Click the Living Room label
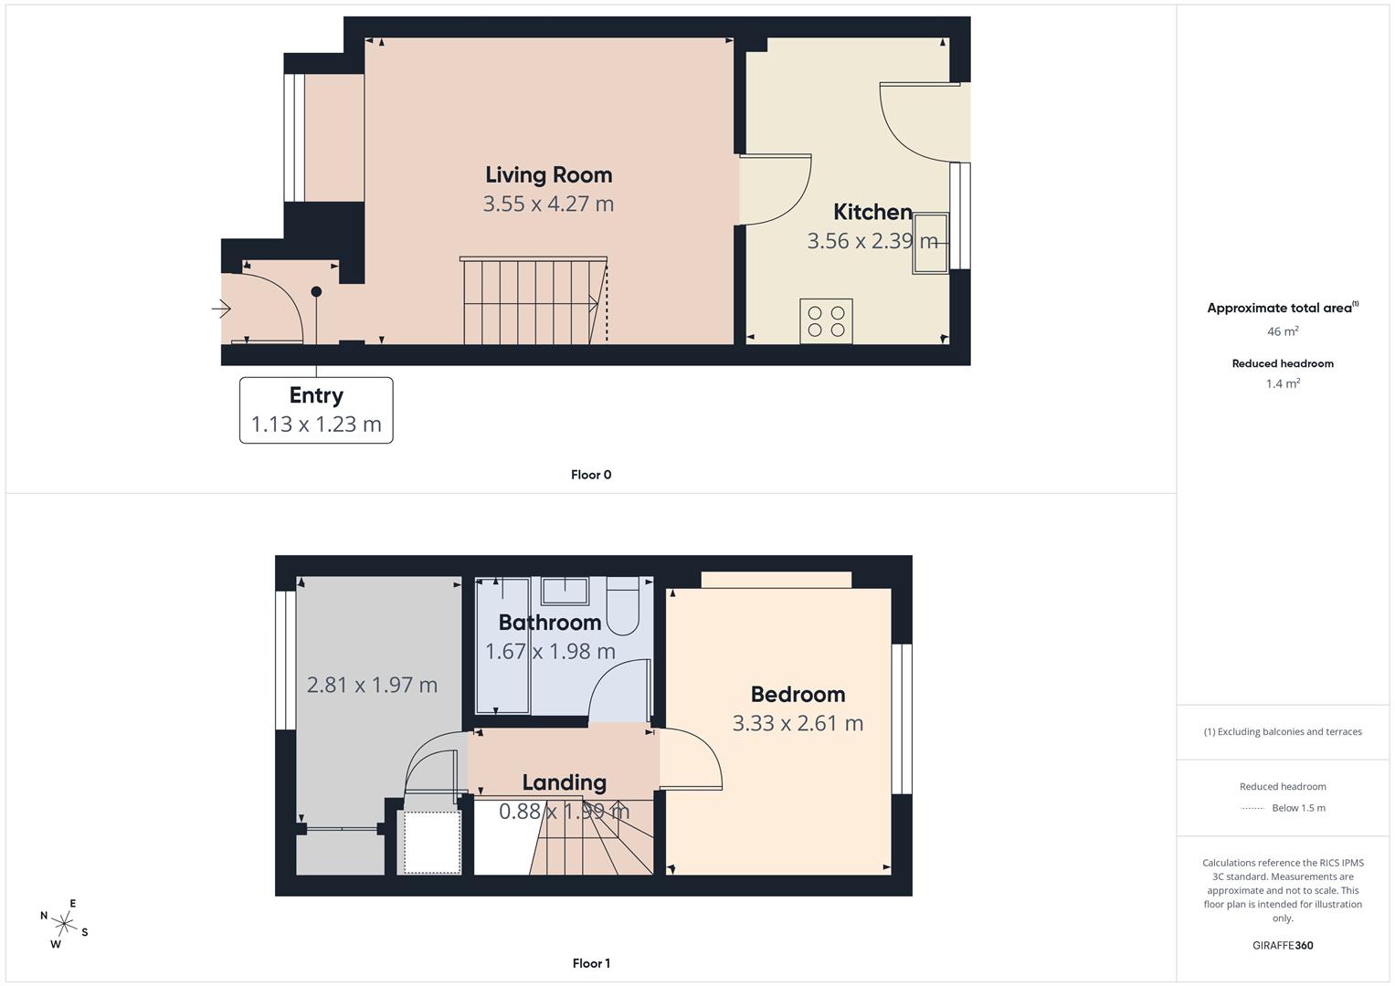(x=548, y=174)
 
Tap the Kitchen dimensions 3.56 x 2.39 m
(x=872, y=241)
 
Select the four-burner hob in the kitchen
(x=826, y=321)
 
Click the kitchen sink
(x=930, y=243)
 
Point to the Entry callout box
(x=316, y=410)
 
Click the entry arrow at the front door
(x=222, y=309)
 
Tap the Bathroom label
(x=549, y=623)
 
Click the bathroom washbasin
(x=565, y=591)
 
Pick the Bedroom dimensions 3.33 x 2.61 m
(x=797, y=723)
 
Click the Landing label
(x=564, y=782)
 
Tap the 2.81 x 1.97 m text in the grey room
(x=372, y=685)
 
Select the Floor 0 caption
(x=591, y=475)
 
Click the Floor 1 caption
(x=591, y=963)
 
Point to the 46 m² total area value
(x=1283, y=331)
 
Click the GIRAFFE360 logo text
(x=1283, y=945)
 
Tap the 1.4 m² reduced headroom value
(x=1283, y=383)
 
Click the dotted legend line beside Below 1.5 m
(x=1252, y=808)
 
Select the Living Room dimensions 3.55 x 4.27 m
(x=548, y=204)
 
